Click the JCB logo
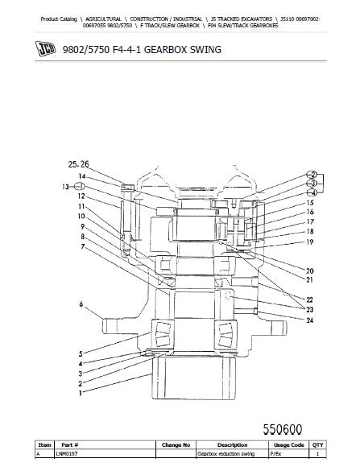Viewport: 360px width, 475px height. coord(45,48)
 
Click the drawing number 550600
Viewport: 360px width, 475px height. coord(283,430)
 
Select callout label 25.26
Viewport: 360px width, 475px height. coord(78,164)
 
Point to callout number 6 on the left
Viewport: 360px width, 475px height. coord(81,304)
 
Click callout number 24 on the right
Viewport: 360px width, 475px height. coord(309,320)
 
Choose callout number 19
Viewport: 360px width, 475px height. coord(309,242)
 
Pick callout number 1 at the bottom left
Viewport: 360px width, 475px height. coord(81,393)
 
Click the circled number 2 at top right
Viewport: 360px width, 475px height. coord(312,175)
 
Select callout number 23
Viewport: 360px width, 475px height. coord(309,310)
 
